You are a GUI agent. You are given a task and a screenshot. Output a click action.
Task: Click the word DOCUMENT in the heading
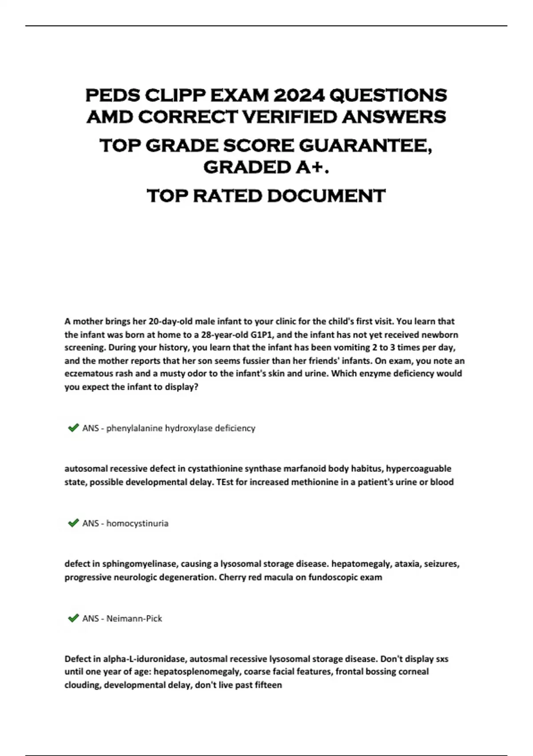[x=326, y=196]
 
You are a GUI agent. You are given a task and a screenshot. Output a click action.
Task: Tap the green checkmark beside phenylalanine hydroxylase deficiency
[x=73, y=428]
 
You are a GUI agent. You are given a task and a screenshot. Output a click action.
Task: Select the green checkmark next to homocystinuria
[x=73, y=523]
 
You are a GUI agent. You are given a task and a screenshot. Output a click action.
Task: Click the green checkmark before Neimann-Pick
[x=73, y=618]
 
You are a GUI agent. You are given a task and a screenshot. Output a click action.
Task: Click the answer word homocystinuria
[x=137, y=523]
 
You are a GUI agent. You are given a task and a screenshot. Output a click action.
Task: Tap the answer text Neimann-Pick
[x=134, y=619]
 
